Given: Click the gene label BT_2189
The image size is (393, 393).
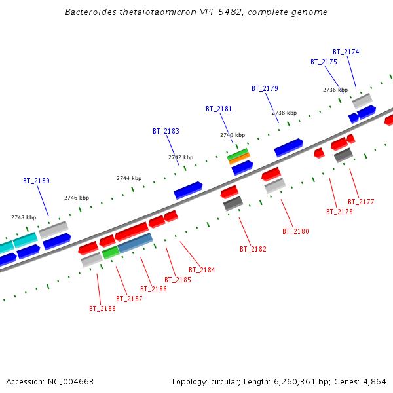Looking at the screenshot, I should pyautogui.click(x=36, y=181).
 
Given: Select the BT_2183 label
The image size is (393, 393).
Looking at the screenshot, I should pyautogui.click(x=166, y=131).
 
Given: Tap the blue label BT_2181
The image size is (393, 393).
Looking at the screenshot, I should pyautogui.click(x=219, y=109).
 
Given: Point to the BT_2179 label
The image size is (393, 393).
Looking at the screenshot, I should pyautogui.click(x=265, y=88).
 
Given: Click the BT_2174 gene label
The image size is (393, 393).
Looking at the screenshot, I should pyautogui.click(x=346, y=52).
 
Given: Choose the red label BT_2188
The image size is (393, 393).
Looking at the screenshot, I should pyautogui.click(x=102, y=309).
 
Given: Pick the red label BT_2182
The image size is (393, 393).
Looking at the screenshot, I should pyautogui.click(x=253, y=249).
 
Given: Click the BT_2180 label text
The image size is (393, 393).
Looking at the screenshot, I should pyautogui.click(x=295, y=231).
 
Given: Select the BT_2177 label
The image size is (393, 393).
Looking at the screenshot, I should pyautogui.click(x=361, y=202).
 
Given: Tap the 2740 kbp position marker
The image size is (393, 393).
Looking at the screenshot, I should pyautogui.click(x=233, y=135).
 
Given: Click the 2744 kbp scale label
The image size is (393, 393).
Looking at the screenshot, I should pyautogui.click(x=129, y=178).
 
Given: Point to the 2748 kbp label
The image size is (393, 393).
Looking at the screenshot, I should pyautogui.click(x=24, y=217).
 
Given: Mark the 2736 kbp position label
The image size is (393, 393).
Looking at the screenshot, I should pyautogui.click(x=335, y=90).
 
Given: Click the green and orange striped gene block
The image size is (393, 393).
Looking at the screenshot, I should pyautogui.click(x=238, y=157).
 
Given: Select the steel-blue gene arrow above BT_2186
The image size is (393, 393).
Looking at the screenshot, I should pyautogui.click(x=136, y=243).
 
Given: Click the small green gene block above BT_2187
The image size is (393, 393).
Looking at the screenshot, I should pyautogui.click(x=111, y=252).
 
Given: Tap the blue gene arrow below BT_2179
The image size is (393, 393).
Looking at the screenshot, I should pyautogui.click(x=288, y=147).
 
